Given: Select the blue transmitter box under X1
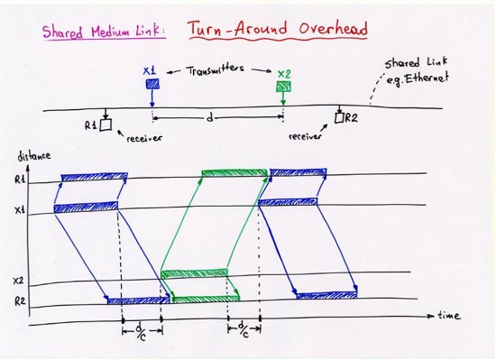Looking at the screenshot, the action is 152,85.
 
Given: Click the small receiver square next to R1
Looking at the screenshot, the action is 106,125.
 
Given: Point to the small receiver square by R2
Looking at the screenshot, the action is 339,117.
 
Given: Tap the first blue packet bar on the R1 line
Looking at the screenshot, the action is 94,177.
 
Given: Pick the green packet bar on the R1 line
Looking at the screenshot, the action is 234,172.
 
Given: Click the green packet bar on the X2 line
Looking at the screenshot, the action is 194,273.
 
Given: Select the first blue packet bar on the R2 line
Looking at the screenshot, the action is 138,300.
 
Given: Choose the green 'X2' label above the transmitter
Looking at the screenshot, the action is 284,72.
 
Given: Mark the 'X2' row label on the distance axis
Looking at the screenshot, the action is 19,282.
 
